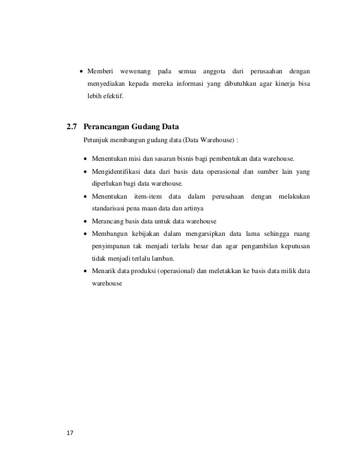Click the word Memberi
point(100,72)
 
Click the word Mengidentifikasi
point(117,171)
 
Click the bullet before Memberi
point(81,72)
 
